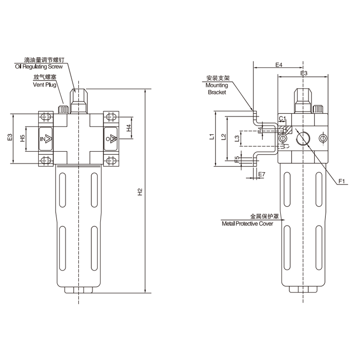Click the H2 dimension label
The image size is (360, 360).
tap(140, 192)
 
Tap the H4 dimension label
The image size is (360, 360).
tap(129, 128)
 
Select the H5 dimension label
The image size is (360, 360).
tap(22, 138)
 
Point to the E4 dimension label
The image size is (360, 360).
tap(279, 65)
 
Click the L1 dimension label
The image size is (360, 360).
tap(211, 137)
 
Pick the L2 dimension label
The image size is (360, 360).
tap(223, 137)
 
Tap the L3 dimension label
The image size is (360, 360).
tap(237, 139)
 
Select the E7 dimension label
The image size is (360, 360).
tap(262, 174)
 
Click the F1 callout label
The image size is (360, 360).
tap(342, 181)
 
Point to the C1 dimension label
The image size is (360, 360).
tap(283, 118)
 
